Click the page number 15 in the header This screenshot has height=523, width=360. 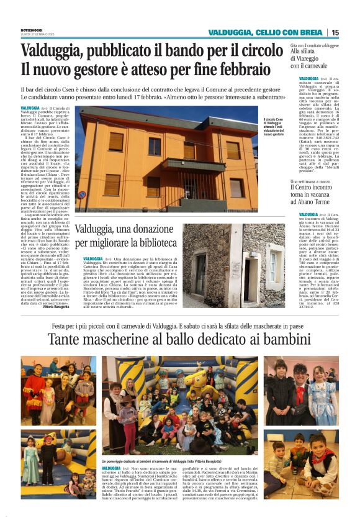pyautogui.click(x=335, y=32)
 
